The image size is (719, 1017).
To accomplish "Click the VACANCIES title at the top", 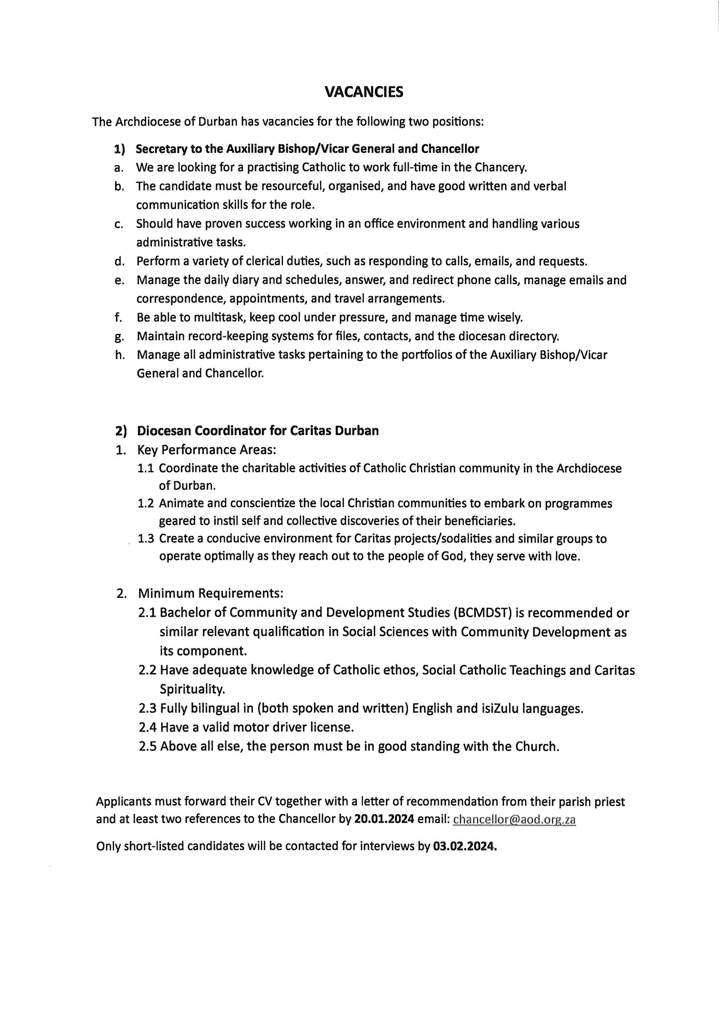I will (x=364, y=92).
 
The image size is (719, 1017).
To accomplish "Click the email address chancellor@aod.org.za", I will (x=514, y=820).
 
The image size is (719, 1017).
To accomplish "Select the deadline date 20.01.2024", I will (x=384, y=820).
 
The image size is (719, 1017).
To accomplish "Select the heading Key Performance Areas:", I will (x=207, y=450).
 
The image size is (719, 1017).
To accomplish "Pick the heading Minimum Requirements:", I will (x=211, y=593).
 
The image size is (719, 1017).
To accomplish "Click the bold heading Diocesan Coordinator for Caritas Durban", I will (x=258, y=431).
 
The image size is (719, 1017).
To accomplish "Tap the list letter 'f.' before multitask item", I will (x=118, y=317).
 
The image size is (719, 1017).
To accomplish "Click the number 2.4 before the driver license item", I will (x=147, y=727).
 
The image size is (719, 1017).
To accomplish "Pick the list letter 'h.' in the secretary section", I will (x=119, y=355).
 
